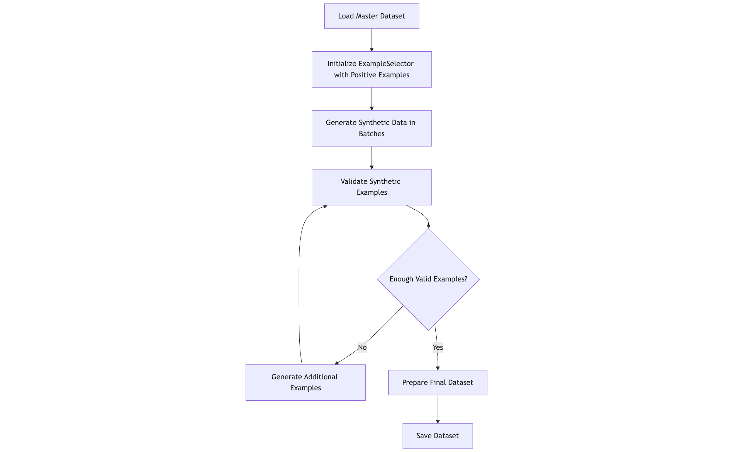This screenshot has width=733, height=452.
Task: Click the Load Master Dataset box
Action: tap(371, 16)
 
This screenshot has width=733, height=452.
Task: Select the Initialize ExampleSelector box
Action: tap(371, 69)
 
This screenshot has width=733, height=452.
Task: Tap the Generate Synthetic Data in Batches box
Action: tap(371, 128)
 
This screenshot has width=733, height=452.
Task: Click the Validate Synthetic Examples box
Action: tap(371, 187)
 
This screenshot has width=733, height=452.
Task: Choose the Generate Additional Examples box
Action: tap(305, 382)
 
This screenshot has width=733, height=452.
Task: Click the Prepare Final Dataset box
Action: tap(437, 382)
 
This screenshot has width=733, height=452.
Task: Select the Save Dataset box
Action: tap(437, 436)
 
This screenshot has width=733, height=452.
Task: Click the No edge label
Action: tap(362, 347)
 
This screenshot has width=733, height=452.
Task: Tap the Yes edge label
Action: tap(437, 347)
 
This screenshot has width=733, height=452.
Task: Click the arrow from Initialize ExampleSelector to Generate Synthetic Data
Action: tap(371, 99)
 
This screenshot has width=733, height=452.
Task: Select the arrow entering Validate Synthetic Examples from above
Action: tap(371, 157)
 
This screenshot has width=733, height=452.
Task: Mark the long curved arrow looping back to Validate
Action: tap(299, 284)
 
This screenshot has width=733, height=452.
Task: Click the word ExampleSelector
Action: tap(386, 64)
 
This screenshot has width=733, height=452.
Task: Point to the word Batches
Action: tap(371, 134)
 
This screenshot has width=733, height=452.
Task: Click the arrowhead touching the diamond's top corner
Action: tap(428, 226)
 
